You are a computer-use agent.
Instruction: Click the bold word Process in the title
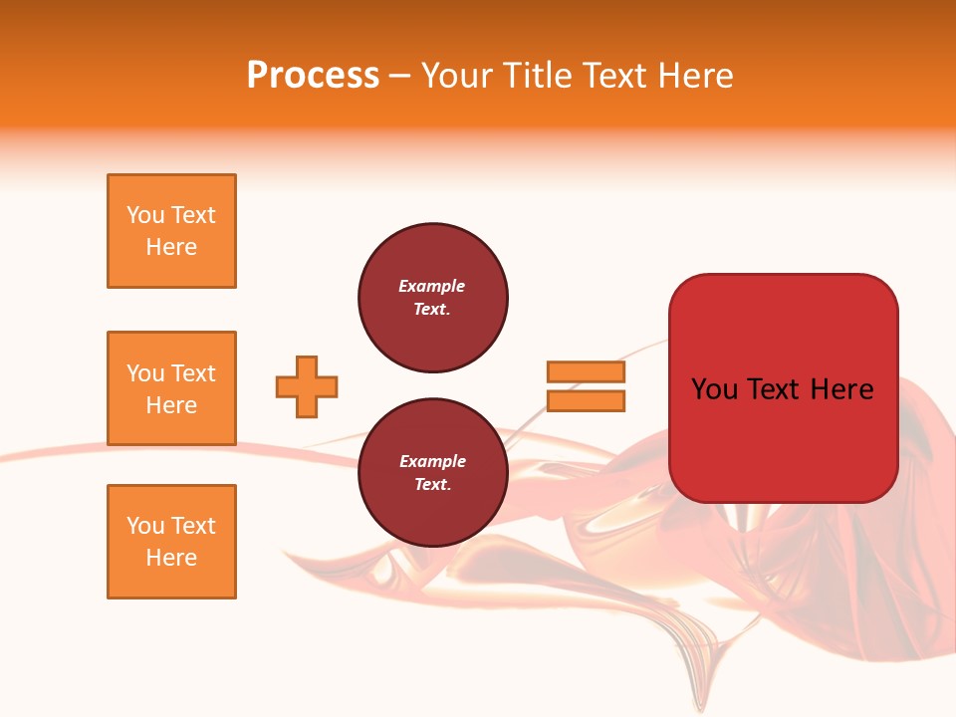pyautogui.click(x=313, y=76)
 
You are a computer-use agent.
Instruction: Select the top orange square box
pyautogui.click(x=171, y=231)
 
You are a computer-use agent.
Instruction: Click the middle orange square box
pyautogui.click(x=171, y=388)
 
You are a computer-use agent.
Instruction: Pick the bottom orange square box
pyautogui.click(x=171, y=542)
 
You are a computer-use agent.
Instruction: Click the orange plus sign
pyautogui.click(x=307, y=386)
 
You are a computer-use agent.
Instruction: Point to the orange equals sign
pyautogui.click(x=586, y=386)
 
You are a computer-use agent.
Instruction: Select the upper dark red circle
pyautogui.click(x=433, y=298)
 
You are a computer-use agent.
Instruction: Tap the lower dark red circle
pyautogui.click(x=433, y=473)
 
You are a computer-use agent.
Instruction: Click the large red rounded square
pyautogui.click(x=783, y=388)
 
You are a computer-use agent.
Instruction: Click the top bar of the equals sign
pyautogui.click(x=586, y=372)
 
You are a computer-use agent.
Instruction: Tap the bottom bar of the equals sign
pyautogui.click(x=586, y=401)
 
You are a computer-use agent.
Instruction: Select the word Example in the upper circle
pyautogui.click(x=432, y=286)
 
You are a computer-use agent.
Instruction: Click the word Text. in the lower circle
pyautogui.click(x=432, y=485)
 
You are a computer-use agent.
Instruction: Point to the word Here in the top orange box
pyautogui.click(x=171, y=247)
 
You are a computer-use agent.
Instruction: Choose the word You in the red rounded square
pyautogui.click(x=714, y=389)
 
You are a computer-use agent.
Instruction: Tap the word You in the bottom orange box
pyautogui.click(x=145, y=526)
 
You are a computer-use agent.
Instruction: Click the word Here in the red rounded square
pyautogui.click(x=841, y=389)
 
